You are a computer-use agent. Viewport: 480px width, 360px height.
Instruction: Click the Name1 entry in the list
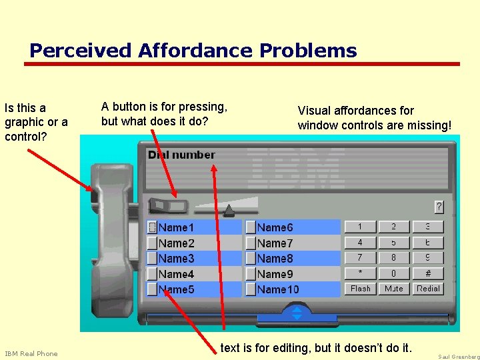(x=176, y=227)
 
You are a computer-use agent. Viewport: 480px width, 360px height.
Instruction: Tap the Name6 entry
(x=275, y=227)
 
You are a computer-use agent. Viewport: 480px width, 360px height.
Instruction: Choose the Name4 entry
(x=176, y=274)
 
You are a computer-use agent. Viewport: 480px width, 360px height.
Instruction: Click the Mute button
(x=393, y=289)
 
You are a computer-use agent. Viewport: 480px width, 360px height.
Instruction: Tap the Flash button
(x=360, y=289)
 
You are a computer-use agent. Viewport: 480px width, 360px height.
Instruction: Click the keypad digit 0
(x=393, y=273)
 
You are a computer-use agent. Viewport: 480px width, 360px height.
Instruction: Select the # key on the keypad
(x=428, y=273)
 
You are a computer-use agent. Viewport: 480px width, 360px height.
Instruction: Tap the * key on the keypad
(x=360, y=273)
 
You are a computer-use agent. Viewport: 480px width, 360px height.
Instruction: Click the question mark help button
(x=439, y=207)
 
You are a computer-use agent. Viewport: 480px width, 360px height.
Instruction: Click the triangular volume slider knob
(x=229, y=211)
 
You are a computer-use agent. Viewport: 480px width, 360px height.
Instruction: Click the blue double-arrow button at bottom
(x=297, y=313)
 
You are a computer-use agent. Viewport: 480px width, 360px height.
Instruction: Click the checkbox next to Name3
(x=152, y=259)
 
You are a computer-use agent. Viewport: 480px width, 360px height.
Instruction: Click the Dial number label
(x=181, y=155)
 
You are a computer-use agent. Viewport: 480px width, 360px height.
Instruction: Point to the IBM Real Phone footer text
(x=31, y=353)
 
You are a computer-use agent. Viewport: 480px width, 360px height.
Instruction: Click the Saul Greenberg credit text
(x=458, y=357)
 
